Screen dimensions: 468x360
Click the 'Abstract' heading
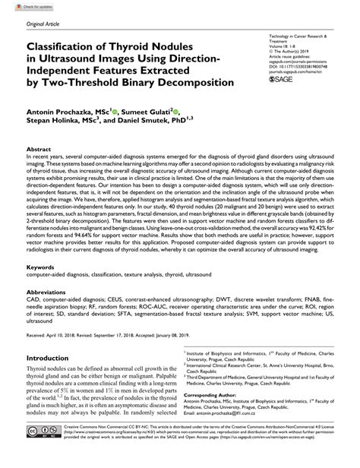click(40, 150)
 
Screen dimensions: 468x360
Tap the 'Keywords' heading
click(42, 267)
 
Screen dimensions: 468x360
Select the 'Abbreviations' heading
click(49, 292)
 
